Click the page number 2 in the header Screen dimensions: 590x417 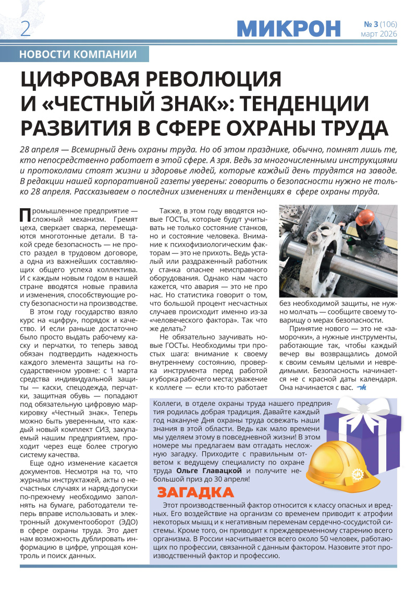click(x=25, y=29)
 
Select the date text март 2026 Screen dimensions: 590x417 click(x=379, y=34)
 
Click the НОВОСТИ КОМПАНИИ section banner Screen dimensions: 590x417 click(x=78, y=54)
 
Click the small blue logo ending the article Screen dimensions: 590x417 click(x=362, y=388)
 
